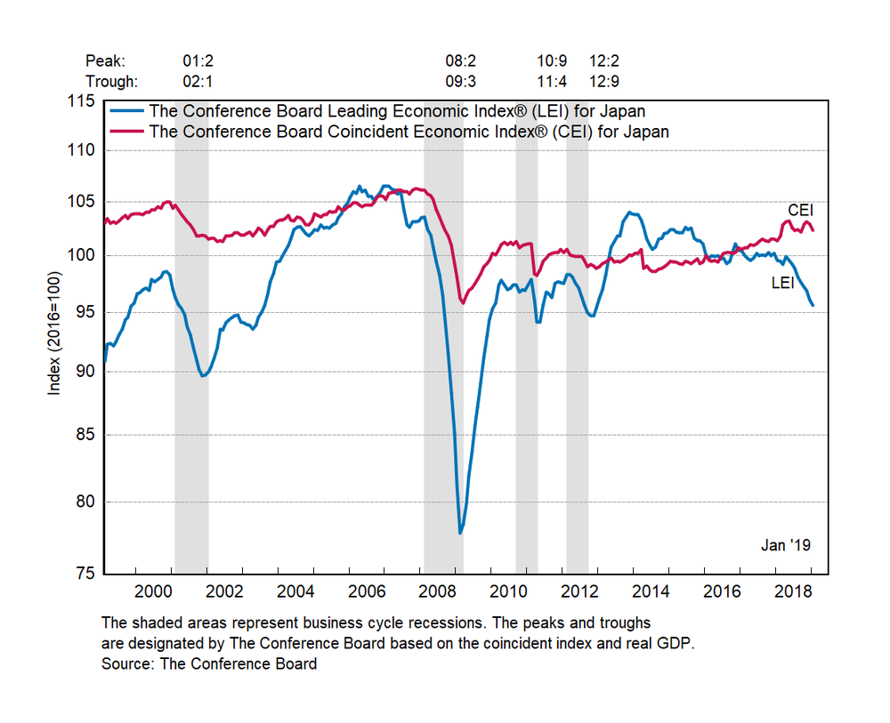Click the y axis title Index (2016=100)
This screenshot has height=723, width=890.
[x=55, y=337]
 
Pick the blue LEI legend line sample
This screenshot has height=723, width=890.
[x=127, y=112]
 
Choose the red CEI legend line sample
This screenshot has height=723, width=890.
[x=127, y=132]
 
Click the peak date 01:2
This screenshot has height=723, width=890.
[x=198, y=61]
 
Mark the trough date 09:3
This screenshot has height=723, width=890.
[x=461, y=81]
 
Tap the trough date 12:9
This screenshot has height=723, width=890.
[x=603, y=81]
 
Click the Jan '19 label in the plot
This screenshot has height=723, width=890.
[x=786, y=545]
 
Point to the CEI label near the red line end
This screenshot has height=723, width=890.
[x=801, y=210]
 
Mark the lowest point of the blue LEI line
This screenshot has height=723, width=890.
[x=460, y=533]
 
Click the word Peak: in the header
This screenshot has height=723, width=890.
[x=105, y=61]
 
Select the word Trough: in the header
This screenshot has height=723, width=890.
[x=111, y=81]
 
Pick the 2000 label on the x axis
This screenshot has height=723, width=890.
[x=152, y=591]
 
